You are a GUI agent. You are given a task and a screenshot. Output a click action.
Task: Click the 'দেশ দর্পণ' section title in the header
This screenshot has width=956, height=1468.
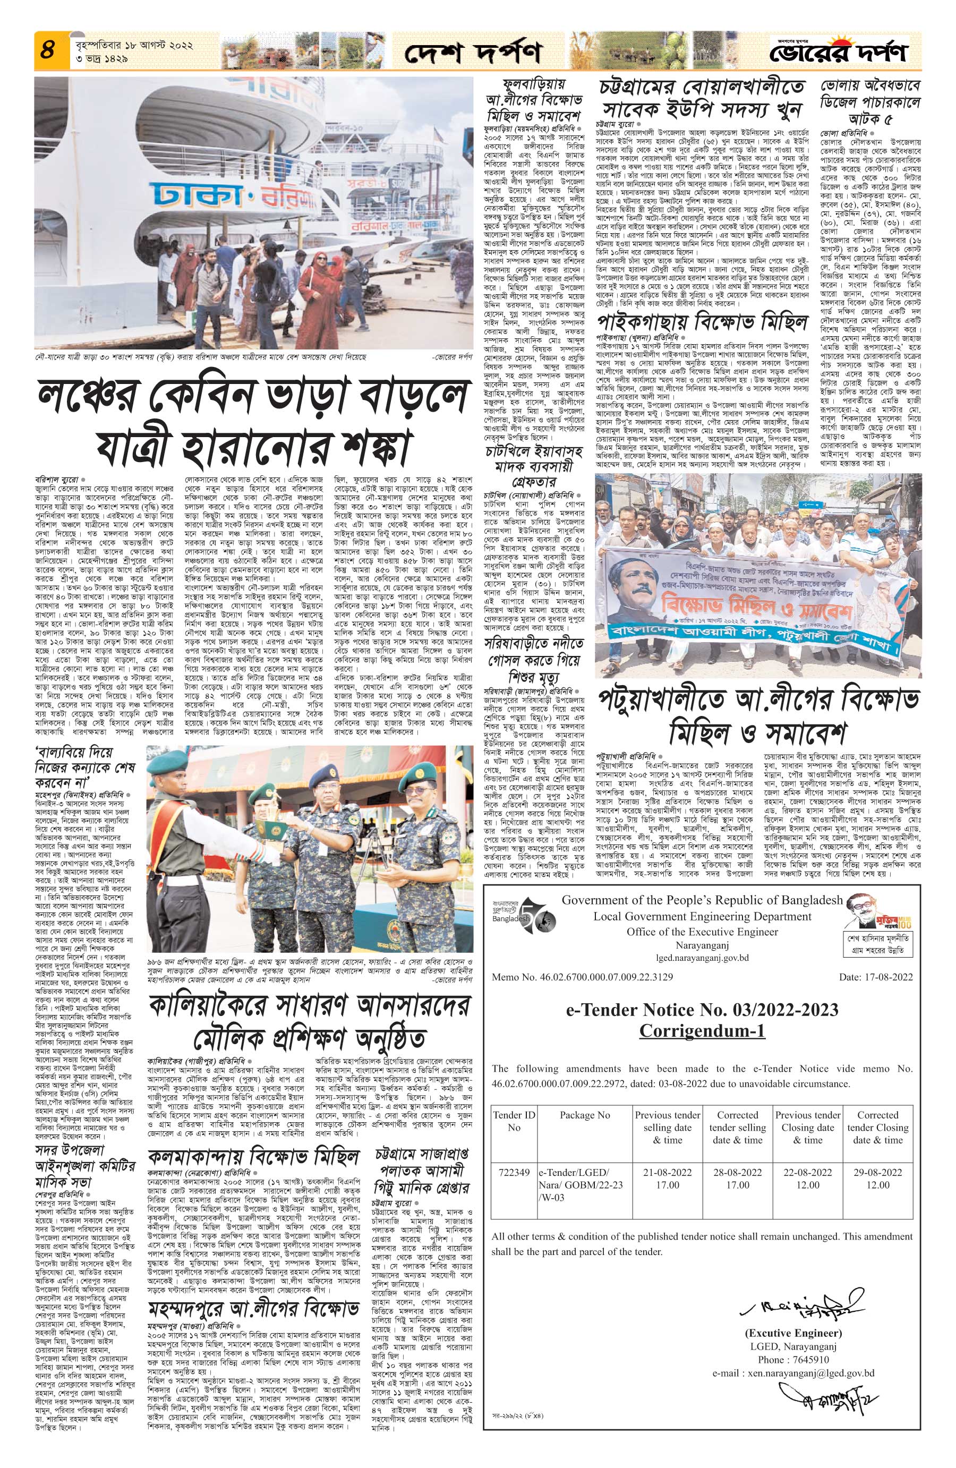click(x=473, y=54)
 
